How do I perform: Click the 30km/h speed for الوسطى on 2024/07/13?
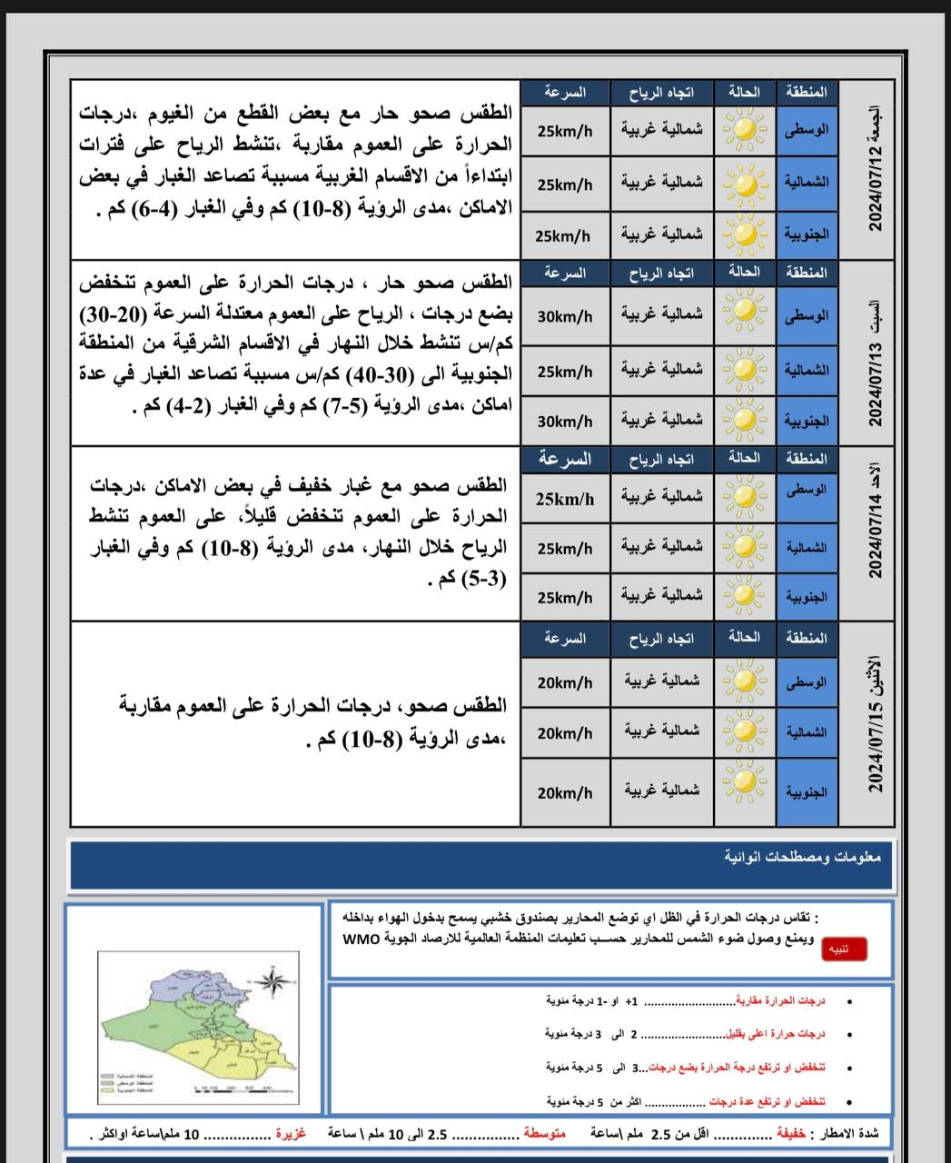tap(564, 316)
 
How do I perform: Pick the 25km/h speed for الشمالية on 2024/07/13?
tap(564, 372)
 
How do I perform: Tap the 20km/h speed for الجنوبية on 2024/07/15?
tap(564, 792)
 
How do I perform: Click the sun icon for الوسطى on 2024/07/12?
tap(745, 130)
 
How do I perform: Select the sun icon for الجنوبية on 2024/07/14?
tap(745, 596)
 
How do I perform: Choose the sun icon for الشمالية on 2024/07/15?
tap(745, 731)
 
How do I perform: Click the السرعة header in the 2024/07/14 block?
tap(564, 460)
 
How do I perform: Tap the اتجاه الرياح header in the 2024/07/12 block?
tap(661, 93)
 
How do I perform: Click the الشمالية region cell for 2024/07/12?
tap(807, 184)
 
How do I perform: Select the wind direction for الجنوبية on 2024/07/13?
tap(661, 420)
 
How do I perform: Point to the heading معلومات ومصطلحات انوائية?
tap(797, 857)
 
